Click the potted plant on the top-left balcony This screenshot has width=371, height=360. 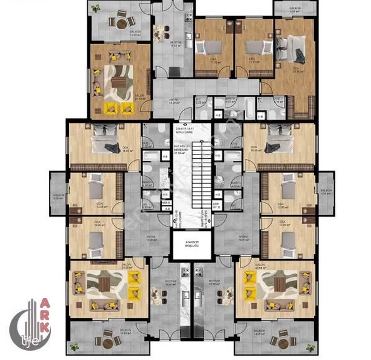point(95,9)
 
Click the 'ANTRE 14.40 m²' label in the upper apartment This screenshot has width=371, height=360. point(175,101)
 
